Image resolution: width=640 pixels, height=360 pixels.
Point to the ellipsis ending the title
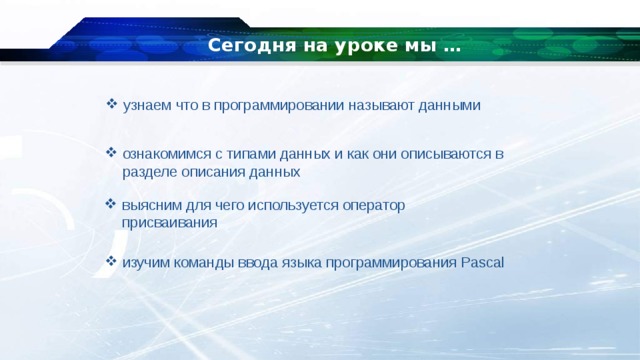point(451,46)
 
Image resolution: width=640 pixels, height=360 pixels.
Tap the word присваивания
point(169,223)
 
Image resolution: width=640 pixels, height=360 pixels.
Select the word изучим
point(144,263)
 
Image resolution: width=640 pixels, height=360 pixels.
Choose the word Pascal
point(484,263)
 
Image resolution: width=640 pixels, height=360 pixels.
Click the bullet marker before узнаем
point(112,104)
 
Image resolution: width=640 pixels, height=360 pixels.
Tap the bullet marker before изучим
point(112,262)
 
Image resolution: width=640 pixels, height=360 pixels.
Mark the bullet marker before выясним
point(112,204)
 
